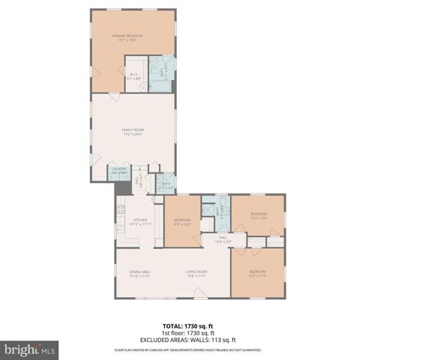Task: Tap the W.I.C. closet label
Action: point(132,74)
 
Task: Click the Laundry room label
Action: point(119,169)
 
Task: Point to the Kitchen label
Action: point(141,222)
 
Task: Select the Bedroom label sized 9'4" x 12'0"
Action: point(183,221)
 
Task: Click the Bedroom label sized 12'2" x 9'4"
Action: point(258,215)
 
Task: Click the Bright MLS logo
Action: point(28,349)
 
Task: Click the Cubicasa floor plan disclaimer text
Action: point(187,350)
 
